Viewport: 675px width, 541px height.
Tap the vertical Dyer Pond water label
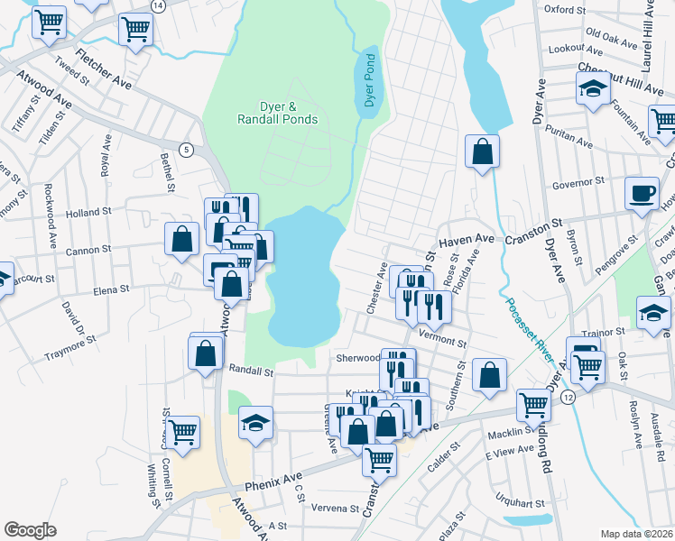coord(369,80)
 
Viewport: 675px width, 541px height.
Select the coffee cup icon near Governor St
coord(642,193)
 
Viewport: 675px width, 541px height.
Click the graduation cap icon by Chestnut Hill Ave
coord(592,89)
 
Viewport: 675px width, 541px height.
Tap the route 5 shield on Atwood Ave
coord(185,149)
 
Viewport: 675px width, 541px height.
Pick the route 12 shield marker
coord(567,398)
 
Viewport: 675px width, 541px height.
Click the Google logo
coord(30,529)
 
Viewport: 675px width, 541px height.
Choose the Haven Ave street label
coord(467,241)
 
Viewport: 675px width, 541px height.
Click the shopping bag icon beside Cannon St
coord(181,240)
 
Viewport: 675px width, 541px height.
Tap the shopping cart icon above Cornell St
coord(182,433)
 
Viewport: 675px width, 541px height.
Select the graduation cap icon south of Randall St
coord(256,423)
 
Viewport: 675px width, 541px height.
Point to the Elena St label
coord(112,289)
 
